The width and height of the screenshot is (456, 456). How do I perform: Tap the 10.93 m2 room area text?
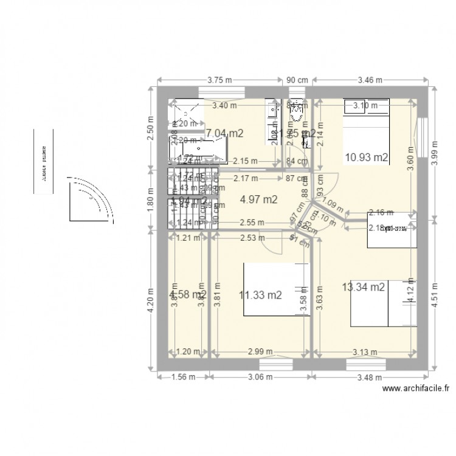coord(366,157)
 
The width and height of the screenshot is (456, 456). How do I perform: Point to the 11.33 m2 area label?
coord(260,295)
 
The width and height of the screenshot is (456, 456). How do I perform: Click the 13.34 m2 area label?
coord(363,287)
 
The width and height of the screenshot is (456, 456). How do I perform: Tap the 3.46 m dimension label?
coord(369,78)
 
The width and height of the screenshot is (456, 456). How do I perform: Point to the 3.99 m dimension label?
coord(434,151)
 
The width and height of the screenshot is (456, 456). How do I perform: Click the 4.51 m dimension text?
coord(434,295)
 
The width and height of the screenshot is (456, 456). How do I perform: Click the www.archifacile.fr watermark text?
coord(416,390)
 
